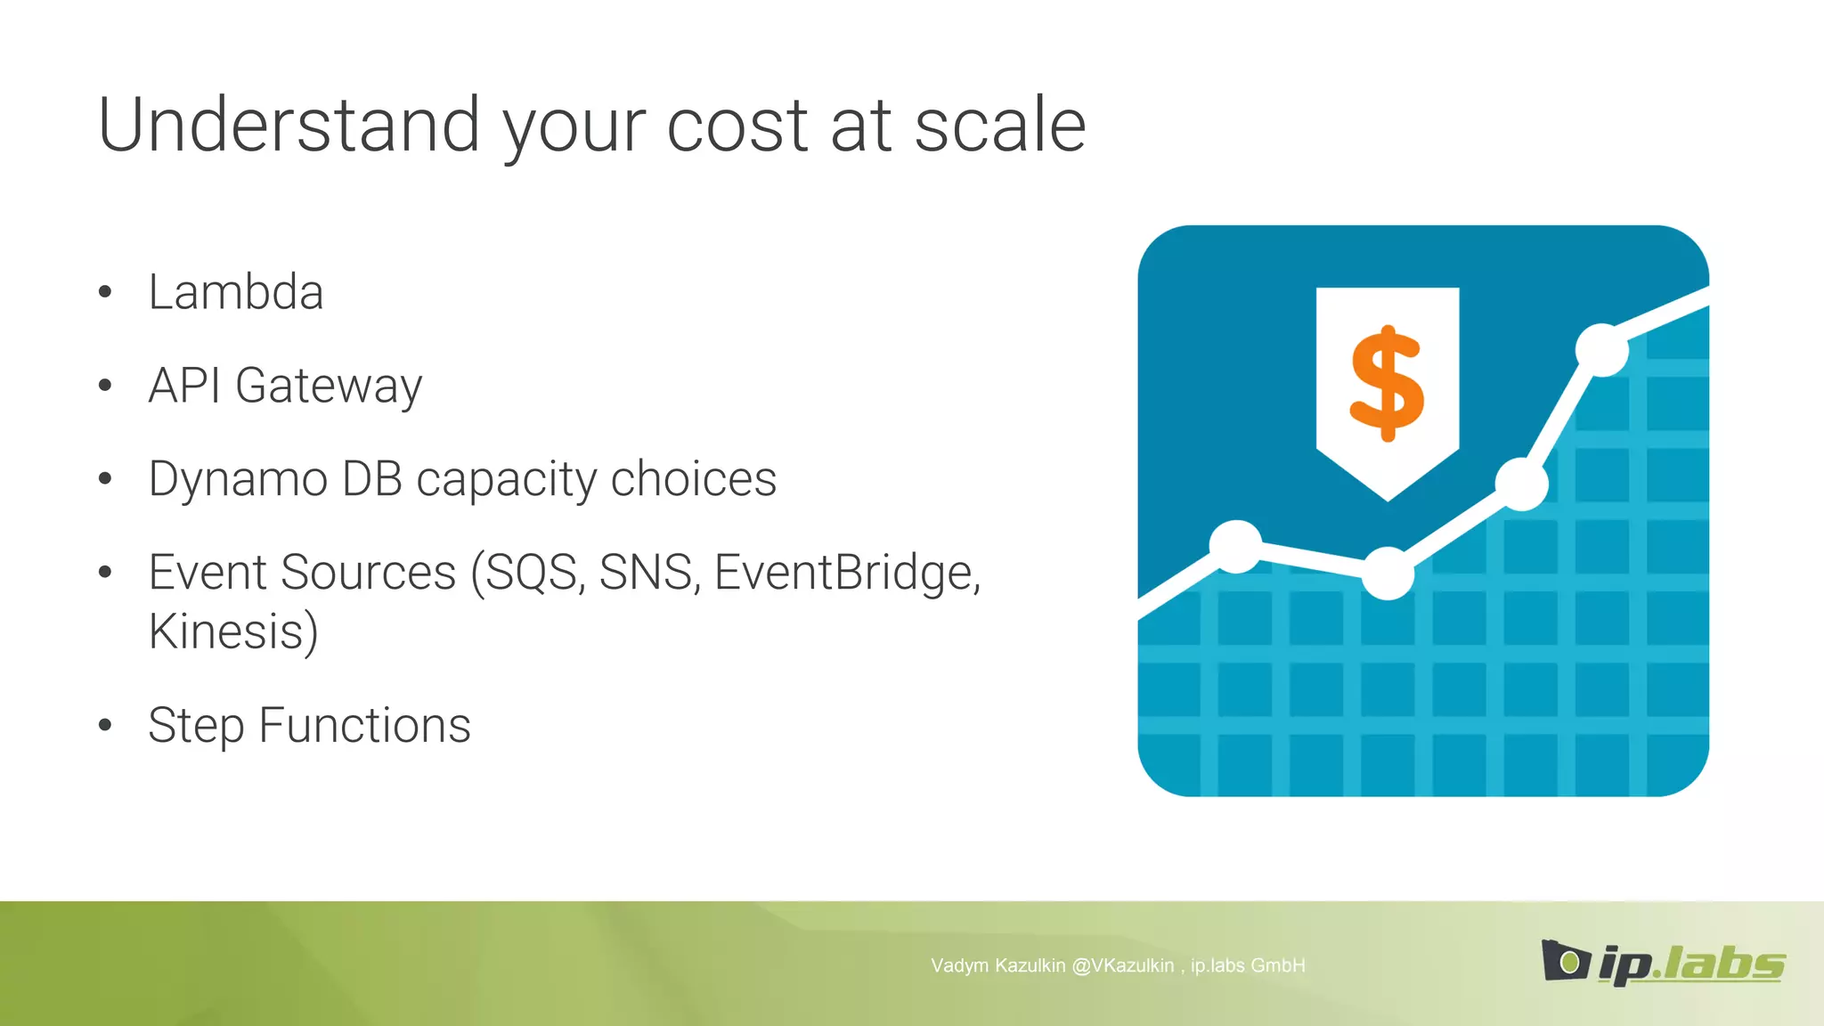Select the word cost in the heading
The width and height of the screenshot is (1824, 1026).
click(737, 126)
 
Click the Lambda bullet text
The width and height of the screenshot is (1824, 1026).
click(236, 292)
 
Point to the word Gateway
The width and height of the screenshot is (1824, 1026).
click(329, 387)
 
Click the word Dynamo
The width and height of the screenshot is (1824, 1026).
click(239, 479)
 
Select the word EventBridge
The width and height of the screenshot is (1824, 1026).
click(846, 572)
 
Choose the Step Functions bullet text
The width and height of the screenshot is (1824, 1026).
click(309, 725)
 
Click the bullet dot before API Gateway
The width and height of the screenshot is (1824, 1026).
click(105, 386)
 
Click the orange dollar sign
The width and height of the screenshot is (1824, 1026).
click(1387, 383)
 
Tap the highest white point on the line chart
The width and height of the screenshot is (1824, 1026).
click(1601, 350)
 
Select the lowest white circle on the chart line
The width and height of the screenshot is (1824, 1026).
click(1388, 574)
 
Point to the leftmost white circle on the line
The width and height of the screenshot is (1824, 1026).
click(1235, 546)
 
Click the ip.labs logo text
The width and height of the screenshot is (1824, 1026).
click(1690, 964)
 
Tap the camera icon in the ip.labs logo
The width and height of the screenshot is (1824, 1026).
click(1565, 961)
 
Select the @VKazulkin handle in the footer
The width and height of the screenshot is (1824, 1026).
click(1122, 965)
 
